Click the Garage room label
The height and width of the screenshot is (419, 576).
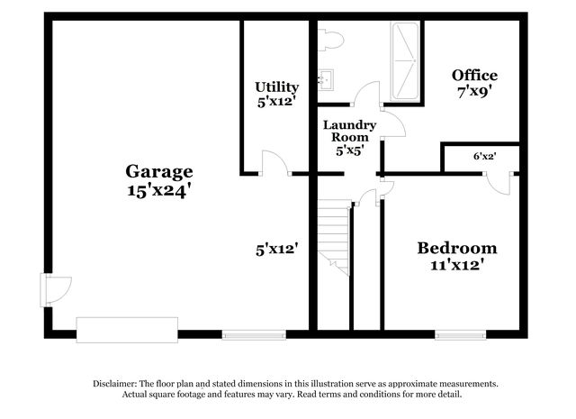click(159, 172)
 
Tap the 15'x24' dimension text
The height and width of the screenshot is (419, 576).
click(159, 190)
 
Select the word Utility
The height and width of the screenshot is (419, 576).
click(277, 87)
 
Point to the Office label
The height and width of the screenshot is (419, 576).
click(474, 75)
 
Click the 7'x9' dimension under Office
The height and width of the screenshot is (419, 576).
click(474, 92)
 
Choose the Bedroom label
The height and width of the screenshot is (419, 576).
click(457, 248)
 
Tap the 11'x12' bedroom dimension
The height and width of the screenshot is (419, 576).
click(456, 265)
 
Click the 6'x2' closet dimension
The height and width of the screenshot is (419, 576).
click(485, 157)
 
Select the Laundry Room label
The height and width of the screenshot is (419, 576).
click(350, 131)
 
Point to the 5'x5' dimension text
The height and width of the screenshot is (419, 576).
click(350, 150)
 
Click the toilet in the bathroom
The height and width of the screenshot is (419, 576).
click(331, 40)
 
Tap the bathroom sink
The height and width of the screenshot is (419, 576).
click(326, 79)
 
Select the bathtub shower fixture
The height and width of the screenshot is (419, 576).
click(404, 61)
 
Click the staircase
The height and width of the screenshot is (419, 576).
click(334, 237)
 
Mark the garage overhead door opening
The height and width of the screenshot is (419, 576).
click(127, 330)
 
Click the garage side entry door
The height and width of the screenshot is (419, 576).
click(55, 290)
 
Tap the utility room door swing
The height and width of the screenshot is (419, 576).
click(275, 162)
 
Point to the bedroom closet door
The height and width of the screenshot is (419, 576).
click(499, 183)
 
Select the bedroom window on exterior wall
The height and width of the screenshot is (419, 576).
click(461, 335)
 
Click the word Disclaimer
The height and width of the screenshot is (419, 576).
click(115, 384)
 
